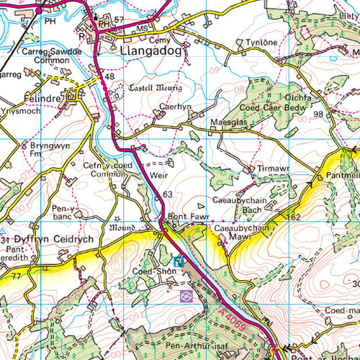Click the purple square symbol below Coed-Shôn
click(x=186, y=295)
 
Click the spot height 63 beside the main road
click(x=168, y=194)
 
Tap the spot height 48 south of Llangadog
click(x=109, y=76)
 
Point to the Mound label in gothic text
click(x=122, y=228)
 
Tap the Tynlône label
click(x=261, y=43)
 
